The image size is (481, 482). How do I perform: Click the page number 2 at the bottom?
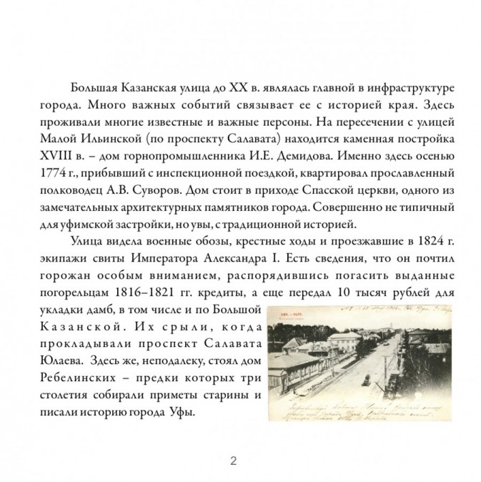(240, 461)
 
